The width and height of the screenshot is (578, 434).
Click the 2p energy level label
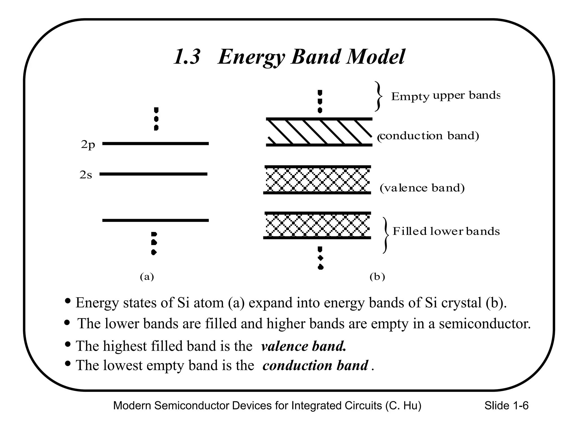click(x=88, y=145)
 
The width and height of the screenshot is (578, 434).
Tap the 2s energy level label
click(x=86, y=175)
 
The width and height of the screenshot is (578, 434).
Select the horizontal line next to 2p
click(x=155, y=144)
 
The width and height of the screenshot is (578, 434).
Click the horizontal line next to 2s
click(x=153, y=174)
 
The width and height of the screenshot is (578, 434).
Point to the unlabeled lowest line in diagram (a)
click(x=155, y=220)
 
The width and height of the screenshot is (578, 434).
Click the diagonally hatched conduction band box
click(x=319, y=132)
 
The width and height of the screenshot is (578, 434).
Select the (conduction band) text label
click(x=428, y=136)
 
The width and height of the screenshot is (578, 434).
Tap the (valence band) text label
click(x=422, y=188)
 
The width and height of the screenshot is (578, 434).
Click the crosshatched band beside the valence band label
click(x=317, y=180)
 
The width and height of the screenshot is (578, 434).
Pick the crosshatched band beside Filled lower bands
click(x=317, y=225)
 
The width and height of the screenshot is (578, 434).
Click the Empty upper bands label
click(x=445, y=96)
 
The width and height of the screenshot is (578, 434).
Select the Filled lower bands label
click(x=446, y=231)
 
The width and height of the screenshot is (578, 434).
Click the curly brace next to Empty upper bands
click(x=378, y=96)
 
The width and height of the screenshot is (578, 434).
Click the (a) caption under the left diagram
click(x=147, y=277)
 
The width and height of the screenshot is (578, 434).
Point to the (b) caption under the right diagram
click(x=377, y=277)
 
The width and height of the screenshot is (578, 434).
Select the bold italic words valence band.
click(x=304, y=346)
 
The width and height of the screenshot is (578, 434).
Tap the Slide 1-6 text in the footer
click(x=506, y=406)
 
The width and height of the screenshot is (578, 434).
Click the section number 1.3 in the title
click(x=187, y=57)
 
